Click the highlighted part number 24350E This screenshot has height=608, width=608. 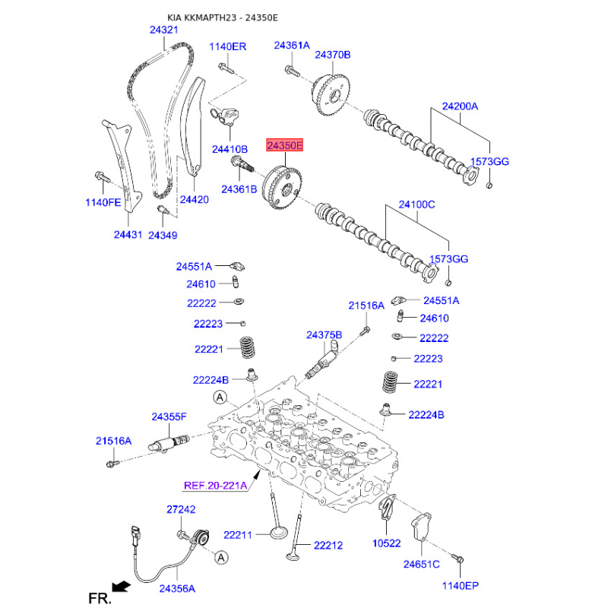click(284, 145)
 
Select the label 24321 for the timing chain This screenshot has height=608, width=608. click(163, 30)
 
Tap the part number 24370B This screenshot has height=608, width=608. click(332, 55)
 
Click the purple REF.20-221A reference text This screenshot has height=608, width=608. click(215, 486)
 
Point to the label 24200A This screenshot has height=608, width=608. click(460, 106)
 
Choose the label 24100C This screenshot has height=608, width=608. click(416, 204)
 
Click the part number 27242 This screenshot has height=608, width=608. click(181, 509)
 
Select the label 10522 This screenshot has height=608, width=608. click(386, 543)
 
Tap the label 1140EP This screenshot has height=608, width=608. click(461, 585)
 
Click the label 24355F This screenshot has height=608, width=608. click(169, 416)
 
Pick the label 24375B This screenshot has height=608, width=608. click(324, 334)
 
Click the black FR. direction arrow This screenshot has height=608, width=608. click(121, 586)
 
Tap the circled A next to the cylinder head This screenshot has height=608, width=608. click(220, 397)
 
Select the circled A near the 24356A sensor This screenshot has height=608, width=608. click(221, 558)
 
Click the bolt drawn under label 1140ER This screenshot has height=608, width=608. click(226, 68)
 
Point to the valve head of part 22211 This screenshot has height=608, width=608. click(278, 532)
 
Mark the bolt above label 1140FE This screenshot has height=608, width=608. click(103, 177)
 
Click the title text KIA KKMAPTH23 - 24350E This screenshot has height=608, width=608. click(223, 17)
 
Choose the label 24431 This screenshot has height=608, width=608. click(128, 235)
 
